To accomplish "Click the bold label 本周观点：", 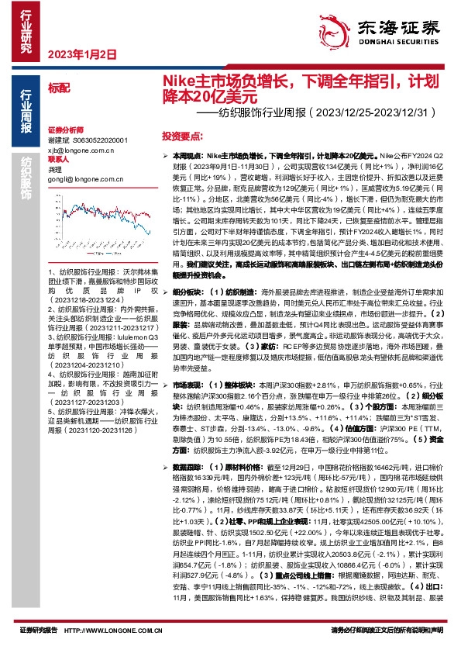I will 181,157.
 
